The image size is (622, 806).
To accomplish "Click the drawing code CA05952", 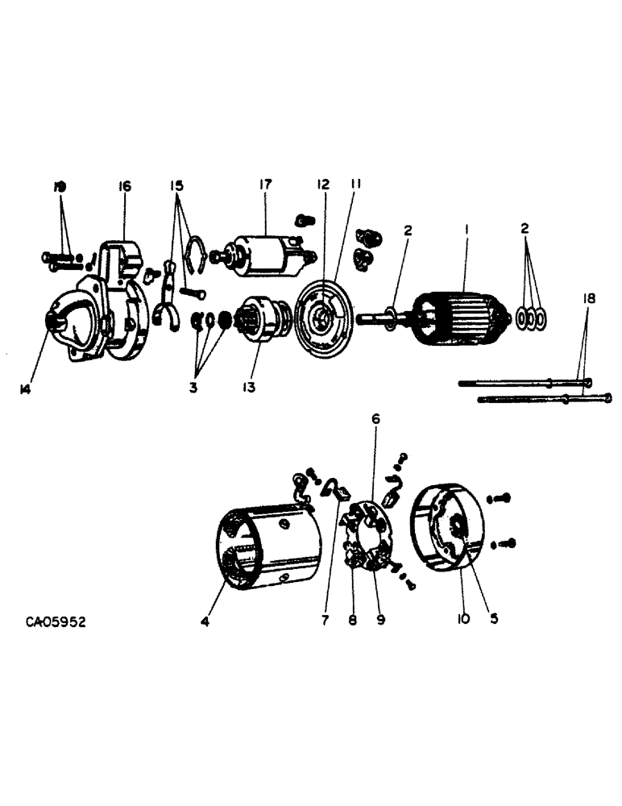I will [x=56, y=622].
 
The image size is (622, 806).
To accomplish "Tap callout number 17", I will [x=266, y=185].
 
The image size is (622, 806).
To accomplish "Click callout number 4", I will [x=205, y=621].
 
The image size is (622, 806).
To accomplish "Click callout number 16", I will [x=125, y=186].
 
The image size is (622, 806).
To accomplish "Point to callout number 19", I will [x=59, y=186].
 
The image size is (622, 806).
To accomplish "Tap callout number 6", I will [x=375, y=420].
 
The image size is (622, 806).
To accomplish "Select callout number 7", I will [x=326, y=620].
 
